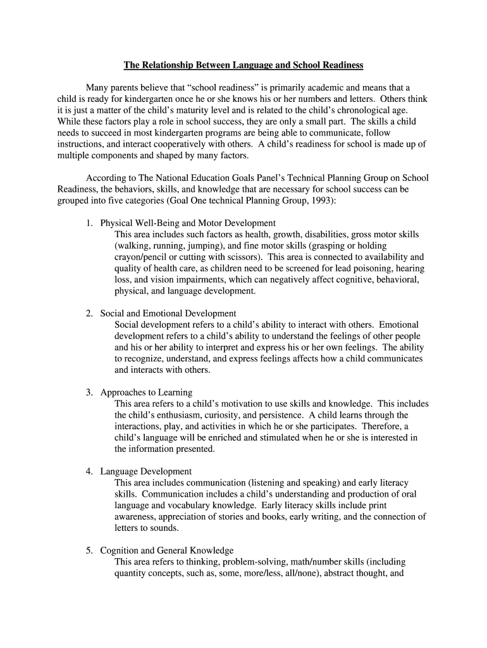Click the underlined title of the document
pyautogui.click(x=244, y=65)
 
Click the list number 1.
pyautogui.click(x=89, y=223)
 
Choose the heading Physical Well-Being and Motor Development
pyautogui.click(x=188, y=223)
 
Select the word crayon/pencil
pyautogui.click(x=143, y=258)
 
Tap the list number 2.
pyautogui.click(x=89, y=314)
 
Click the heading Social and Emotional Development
pyautogui.click(x=168, y=314)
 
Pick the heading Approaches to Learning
pyautogui.click(x=146, y=392)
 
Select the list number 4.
pyautogui.click(x=89, y=471)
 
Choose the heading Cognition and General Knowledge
pyautogui.click(x=167, y=551)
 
